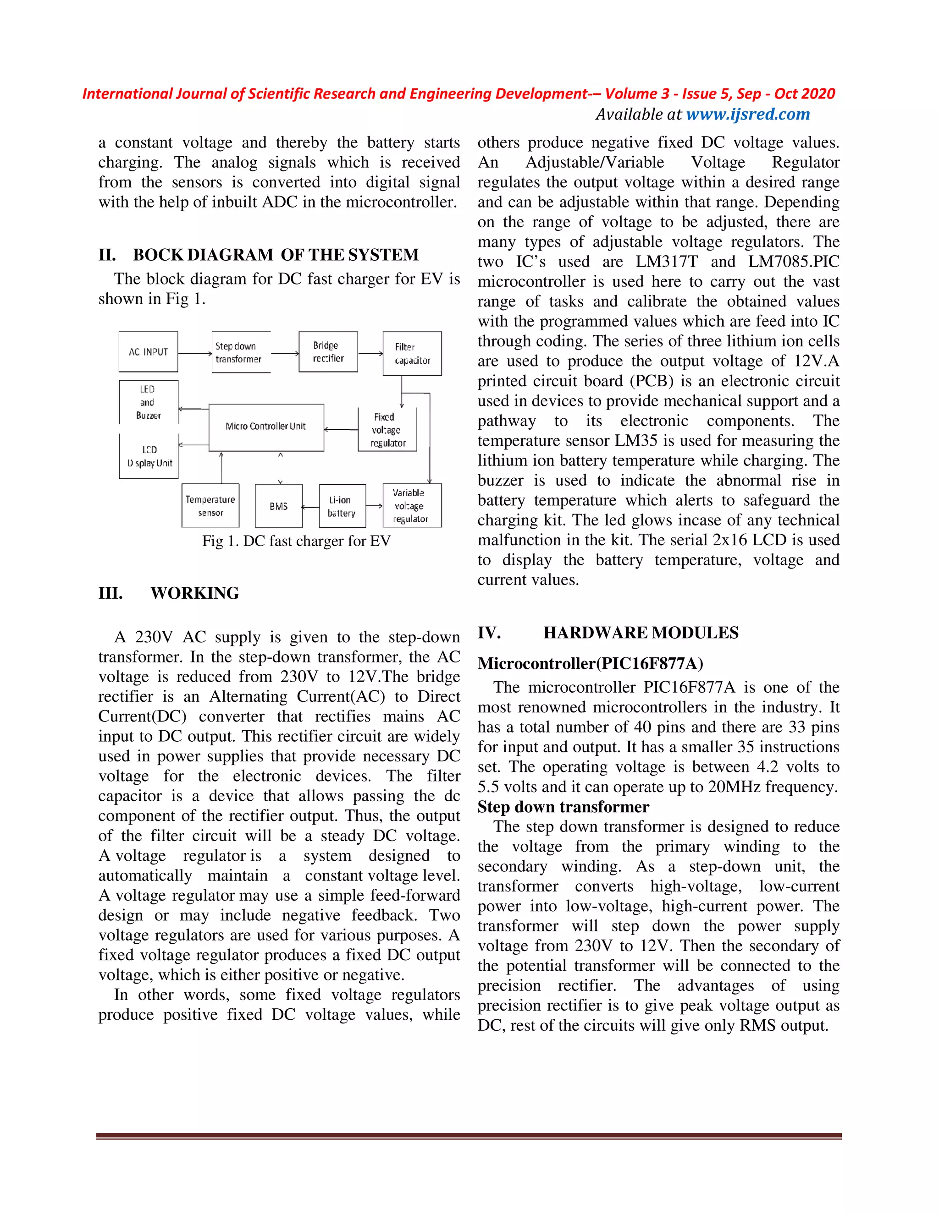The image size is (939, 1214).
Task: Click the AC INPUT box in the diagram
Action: tap(148, 352)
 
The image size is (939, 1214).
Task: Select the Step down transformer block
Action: tap(241, 352)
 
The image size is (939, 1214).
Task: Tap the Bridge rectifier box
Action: tap(328, 352)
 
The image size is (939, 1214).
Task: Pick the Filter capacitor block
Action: tap(412, 354)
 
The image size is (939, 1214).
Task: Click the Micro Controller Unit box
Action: tap(266, 427)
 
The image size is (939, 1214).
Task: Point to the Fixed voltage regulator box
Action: tap(387, 430)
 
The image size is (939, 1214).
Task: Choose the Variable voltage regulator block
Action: tap(412, 505)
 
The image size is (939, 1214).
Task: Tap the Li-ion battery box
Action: tap(342, 506)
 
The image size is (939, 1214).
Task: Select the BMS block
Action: tap(279, 506)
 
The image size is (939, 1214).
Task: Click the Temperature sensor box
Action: tap(210, 506)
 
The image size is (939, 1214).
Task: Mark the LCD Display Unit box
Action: tap(149, 456)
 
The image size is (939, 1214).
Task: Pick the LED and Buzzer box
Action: tap(149, 402)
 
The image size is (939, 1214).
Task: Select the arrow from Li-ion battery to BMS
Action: tap(310, 506)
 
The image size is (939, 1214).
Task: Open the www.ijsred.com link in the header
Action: tap(748, 115)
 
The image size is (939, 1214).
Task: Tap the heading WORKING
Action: tap(195, 593)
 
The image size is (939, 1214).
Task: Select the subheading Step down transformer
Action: tap(563, 807)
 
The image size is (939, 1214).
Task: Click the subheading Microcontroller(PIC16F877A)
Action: tap(590, 663)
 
